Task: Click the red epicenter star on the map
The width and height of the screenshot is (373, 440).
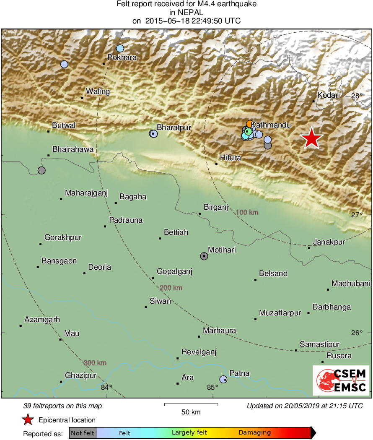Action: tap(311, 138)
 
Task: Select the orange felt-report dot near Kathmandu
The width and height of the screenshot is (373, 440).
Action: tap(249, 124)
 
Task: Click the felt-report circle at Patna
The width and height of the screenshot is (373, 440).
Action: tap(223, 379)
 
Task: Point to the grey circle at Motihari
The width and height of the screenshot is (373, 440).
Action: tap(204, 256)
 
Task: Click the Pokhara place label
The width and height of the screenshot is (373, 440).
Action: tap(122, 57)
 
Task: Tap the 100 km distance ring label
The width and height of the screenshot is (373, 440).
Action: tap(247, 213)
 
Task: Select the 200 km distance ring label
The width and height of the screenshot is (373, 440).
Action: tap(171, 288)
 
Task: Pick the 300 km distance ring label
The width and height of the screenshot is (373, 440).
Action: tap(95, 363)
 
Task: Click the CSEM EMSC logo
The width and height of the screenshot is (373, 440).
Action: tap(341, 380)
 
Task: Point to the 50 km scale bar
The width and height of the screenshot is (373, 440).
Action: tap(191, 404)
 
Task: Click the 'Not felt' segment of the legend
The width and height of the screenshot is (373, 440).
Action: tap(83, 432)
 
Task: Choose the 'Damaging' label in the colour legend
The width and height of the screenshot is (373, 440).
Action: tap(254, 432)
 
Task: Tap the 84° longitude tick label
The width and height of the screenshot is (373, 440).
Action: tap(106, 387)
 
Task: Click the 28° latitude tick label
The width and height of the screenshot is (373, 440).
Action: tap(357, 96)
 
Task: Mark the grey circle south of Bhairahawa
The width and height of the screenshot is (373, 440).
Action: tap(41, 170)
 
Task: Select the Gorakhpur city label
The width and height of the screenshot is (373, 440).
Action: tap(63, 237)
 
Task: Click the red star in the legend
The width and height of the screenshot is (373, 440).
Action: tap(28, 419)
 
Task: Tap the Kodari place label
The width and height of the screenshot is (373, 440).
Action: tap(329, 95)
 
